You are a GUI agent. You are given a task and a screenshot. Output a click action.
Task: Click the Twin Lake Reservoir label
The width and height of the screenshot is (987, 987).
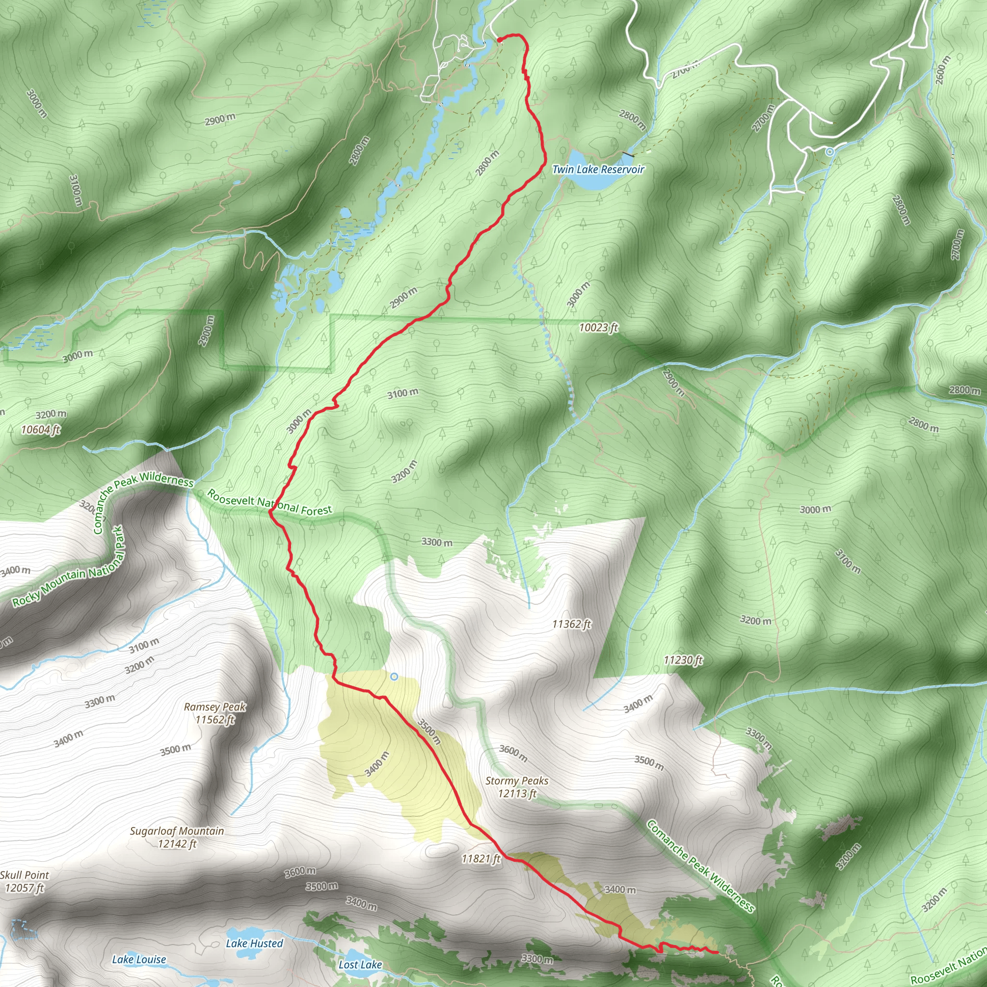598,169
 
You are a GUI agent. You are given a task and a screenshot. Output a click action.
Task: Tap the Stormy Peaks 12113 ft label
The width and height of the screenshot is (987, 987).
517,787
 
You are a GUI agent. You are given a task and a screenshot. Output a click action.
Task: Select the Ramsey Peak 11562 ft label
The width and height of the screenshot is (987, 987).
214,713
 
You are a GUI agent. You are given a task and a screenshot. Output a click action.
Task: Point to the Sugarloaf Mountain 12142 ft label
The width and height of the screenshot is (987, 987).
177,837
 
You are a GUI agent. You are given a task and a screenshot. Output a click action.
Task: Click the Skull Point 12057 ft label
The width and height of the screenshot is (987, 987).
25,882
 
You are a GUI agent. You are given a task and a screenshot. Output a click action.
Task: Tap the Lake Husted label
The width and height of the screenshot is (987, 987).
254,943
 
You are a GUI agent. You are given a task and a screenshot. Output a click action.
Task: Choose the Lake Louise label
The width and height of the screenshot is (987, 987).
139,960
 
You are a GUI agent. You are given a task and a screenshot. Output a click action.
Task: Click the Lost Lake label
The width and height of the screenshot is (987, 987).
360,964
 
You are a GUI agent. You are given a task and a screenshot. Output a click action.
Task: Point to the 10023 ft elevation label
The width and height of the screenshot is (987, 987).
598,327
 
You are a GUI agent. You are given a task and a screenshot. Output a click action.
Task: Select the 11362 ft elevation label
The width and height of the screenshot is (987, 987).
572,624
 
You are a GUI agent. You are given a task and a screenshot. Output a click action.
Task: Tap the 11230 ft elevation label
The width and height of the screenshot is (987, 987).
683,660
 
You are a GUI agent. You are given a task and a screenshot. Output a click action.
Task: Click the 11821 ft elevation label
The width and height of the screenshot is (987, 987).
480,859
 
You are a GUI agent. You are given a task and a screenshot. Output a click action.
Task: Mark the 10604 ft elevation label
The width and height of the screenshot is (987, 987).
41,429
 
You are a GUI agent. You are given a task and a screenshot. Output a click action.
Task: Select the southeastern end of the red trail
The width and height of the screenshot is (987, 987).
718,952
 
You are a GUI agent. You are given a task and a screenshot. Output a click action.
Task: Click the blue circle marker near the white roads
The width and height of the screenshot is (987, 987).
830,152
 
